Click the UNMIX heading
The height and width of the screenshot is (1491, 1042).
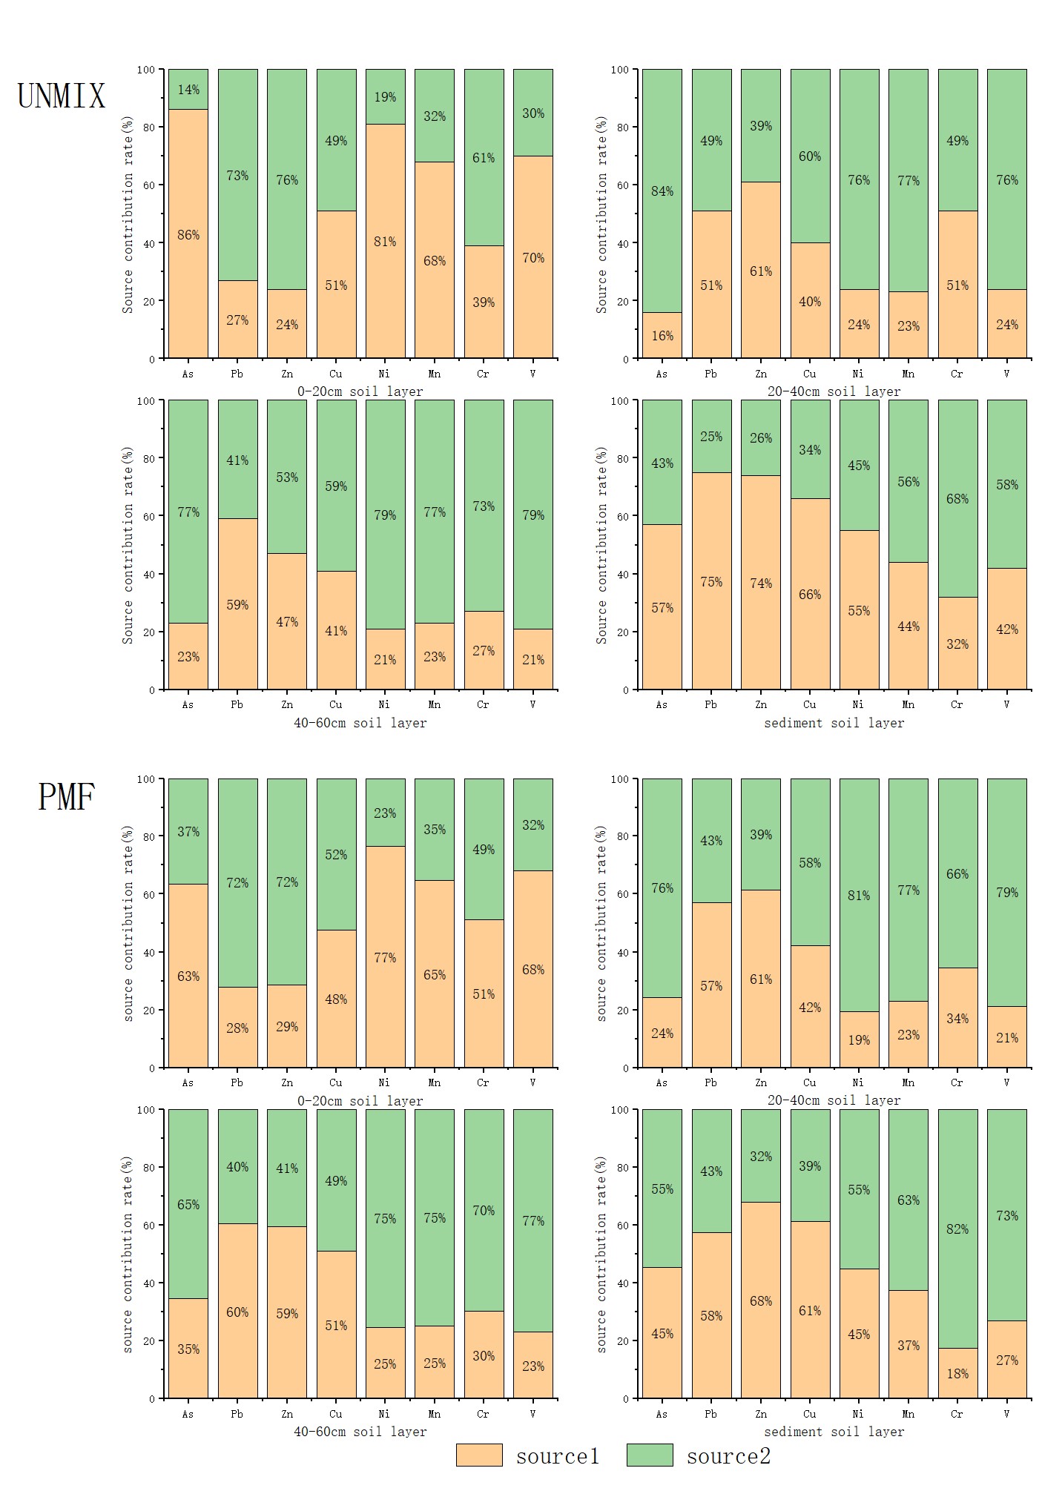click(x=61, y=96)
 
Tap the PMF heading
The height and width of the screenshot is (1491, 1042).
click(x=66, y=797)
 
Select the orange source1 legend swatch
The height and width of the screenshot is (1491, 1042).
click(x=479, y=1455)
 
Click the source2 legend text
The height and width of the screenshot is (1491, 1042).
click(x=728, y=1456)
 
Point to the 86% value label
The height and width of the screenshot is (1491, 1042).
click(x=188, y=235)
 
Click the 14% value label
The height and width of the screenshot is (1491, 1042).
click(x=188, y=90)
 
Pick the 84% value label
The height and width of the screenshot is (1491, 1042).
click(x=662, y=191)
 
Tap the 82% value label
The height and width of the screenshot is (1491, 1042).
click(x=957, y=1229)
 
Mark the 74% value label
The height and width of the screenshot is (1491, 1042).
click(x=761, y=583)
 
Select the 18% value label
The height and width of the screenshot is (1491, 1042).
click(x=957, y=1374)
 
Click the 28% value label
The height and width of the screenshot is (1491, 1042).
click(x=237, y=1028)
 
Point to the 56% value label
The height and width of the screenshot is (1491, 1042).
click(x=909, y=482)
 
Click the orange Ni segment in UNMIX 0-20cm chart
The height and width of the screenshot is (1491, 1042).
click(x=385, y=241)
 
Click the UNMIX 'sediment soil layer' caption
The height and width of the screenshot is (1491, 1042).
click(x=834, y=723)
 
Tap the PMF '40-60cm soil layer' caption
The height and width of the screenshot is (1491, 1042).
click(x=360, y=1432)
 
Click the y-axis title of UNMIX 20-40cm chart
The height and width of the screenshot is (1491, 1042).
click(x=601, y=214)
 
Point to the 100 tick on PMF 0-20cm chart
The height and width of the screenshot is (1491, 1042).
click(x=146, y=779)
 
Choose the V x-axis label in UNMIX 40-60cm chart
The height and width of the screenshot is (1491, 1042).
click(x=532, y=704)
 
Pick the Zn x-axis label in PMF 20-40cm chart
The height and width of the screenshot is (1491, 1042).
click(x=761, y=1082)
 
